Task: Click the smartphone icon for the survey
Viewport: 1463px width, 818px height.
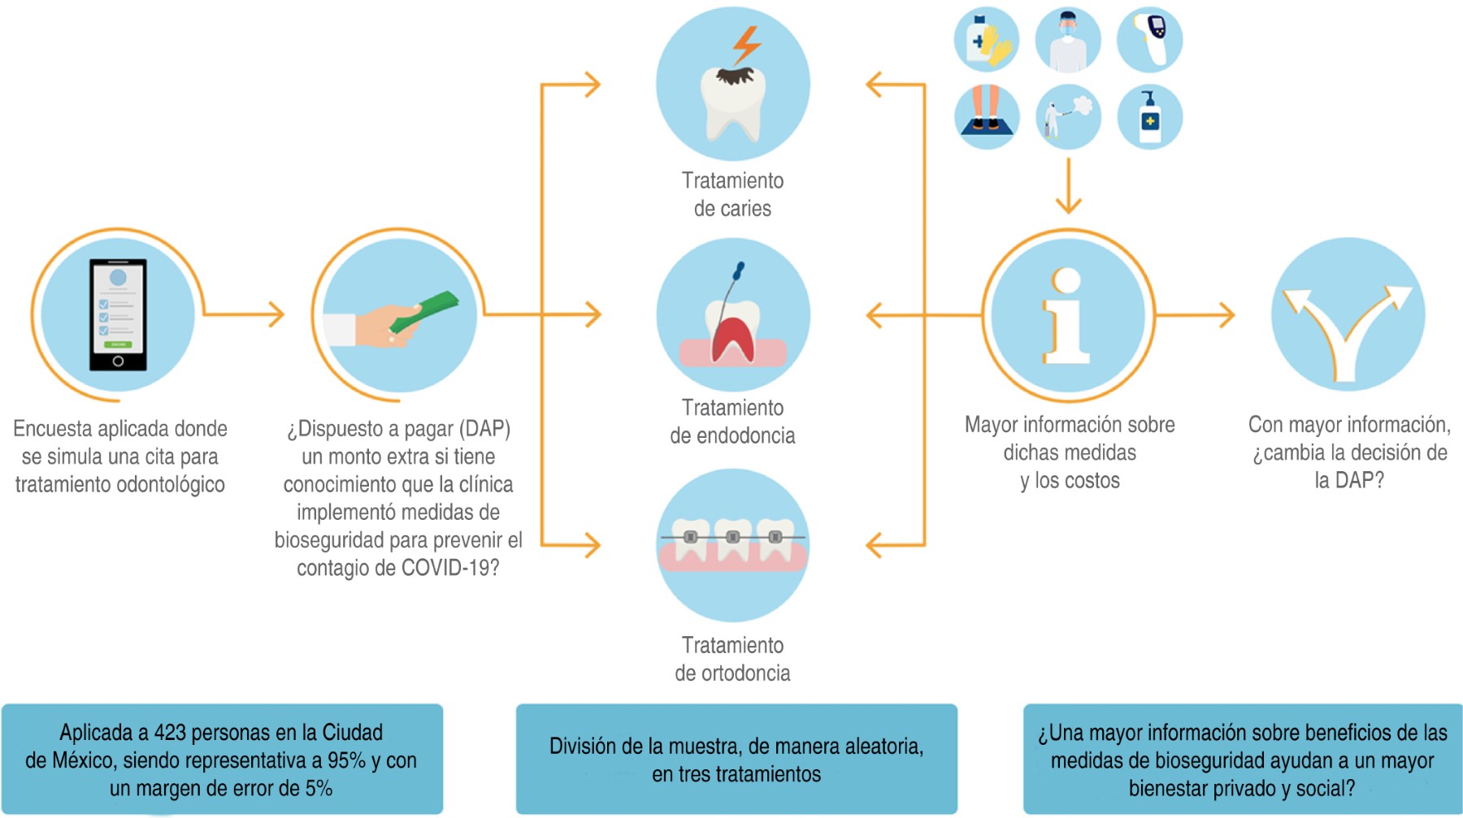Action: (x=118, y=314)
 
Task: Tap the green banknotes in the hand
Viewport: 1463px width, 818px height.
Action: (x=424, y=312)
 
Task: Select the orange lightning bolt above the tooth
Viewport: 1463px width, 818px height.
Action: (x=746, y=45)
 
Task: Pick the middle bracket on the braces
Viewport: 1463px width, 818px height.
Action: (x=733, y=537)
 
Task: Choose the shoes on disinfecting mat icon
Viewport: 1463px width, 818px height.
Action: (x=987, y=116)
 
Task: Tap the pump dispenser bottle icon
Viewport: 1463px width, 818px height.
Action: (x=1149, y=118)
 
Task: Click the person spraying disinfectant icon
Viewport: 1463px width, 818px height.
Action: (x=1066, y=117)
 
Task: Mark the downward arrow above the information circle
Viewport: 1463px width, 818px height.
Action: (x=1068, y=187)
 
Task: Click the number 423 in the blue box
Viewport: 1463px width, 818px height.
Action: (x=170, y=733)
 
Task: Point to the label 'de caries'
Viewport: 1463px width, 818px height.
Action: (x=732, y=209)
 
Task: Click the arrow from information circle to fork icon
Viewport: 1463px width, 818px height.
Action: (x=1195, y=314)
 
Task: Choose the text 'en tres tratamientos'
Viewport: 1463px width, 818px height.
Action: (x=736, y=774)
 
